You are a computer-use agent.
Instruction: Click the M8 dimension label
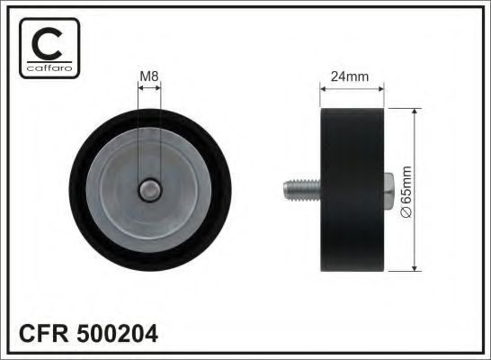(149, 77)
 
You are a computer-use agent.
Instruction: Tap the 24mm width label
(350, 76)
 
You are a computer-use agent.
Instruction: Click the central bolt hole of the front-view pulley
(150, 190)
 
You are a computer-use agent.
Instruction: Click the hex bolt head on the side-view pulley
(391, 188)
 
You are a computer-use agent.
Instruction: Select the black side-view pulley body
(353, 189)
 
